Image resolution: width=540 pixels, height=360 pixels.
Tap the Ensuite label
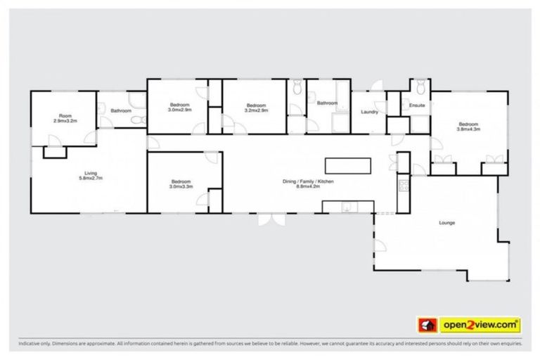(x=416, y=105)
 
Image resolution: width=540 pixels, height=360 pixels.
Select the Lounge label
(x=447, y=224)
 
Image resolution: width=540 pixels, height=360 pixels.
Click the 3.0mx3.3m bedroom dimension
(x=181, y=186)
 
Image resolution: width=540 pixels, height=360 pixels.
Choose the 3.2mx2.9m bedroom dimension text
(x=255, y=110)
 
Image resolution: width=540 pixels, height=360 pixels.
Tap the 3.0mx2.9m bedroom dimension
(x=181, y=110)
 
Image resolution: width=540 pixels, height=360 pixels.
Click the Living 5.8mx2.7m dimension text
(x=90, y=179)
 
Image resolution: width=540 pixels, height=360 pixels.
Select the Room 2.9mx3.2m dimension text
(x=65, y=121)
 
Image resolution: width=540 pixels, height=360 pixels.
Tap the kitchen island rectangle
(x=347, y=166)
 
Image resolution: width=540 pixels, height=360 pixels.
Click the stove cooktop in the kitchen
(x=404, y=186)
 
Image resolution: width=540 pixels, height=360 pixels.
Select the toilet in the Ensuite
(x=420, y=88)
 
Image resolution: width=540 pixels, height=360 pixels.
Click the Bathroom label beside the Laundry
(x=327, y=103)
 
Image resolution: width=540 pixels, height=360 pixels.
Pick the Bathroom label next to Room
(x=121, y=110)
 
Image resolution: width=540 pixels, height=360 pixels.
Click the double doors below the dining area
(x=267, y=219)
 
